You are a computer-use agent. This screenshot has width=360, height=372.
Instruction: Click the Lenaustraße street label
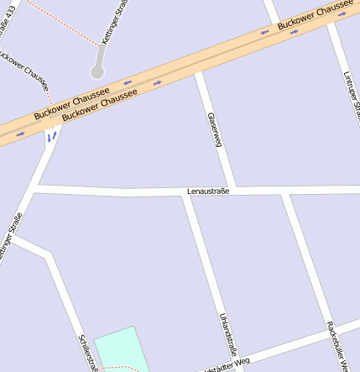208,191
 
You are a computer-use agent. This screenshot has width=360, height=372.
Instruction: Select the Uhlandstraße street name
228,334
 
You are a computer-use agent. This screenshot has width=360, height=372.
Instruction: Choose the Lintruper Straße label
352,93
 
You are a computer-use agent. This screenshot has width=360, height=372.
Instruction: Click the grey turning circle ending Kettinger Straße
97,72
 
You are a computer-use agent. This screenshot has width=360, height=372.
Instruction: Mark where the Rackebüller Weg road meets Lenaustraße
285,191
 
